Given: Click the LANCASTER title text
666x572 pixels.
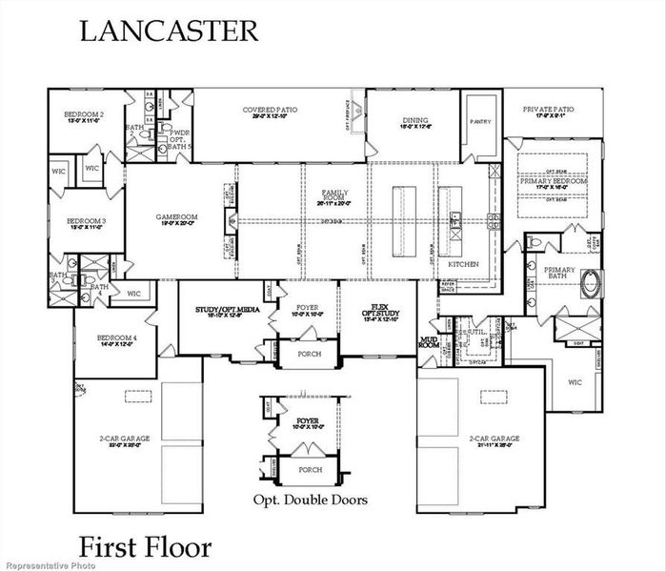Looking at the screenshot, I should (168, 30).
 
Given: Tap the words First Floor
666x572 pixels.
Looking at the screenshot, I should (145, 548).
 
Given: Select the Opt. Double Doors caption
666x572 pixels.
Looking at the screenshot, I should (310, 499).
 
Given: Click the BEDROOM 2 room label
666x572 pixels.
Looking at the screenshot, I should (84, 115).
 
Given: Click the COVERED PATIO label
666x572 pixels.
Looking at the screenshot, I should (270, 112).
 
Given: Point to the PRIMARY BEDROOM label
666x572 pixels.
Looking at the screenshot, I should (553, 182).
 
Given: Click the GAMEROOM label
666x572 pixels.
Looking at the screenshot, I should (176, 219).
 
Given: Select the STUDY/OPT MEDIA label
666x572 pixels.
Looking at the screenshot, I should (225, 311).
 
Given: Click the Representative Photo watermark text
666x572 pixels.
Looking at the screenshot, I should (45, 565).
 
